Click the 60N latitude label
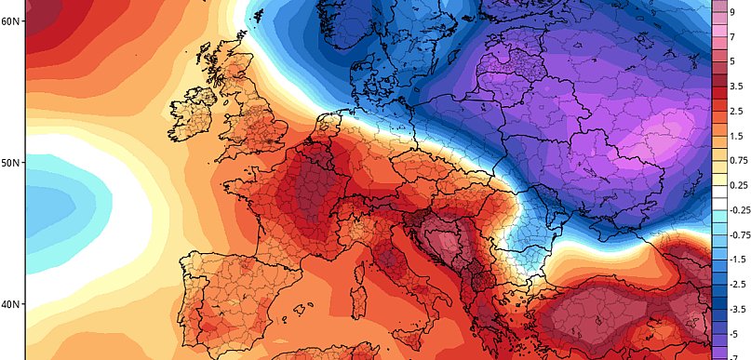[12, 20]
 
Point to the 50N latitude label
[12, 163]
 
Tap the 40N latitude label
[12, 304]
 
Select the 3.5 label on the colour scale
[735, 87]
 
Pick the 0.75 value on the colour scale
[737, 160]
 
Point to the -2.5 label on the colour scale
[736, 284]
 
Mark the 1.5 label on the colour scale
[735, 136]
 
